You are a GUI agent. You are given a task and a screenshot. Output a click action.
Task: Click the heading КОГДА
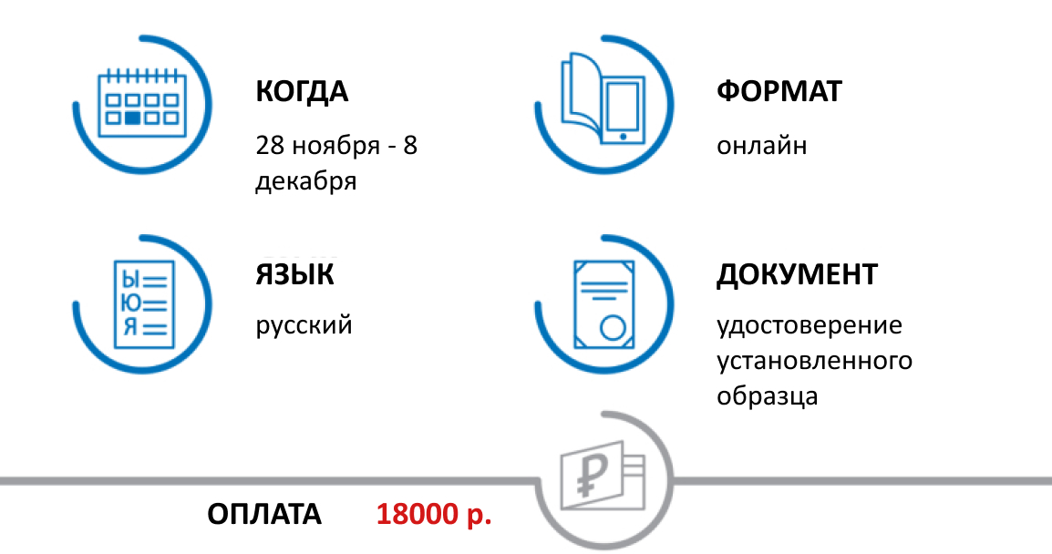tap(302, 92)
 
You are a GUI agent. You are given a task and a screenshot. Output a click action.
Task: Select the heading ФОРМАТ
tap(779, 92)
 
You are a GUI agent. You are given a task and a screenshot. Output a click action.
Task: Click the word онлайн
tap(761, 146)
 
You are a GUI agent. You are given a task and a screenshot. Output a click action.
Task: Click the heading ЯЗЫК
tap(294, 274)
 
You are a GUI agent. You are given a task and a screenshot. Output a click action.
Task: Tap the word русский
tap(304, 325)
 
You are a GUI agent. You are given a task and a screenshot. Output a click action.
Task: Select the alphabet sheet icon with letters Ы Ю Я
tap(142, 303)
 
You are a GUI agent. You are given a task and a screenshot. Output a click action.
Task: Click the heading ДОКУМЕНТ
tap(797, 274)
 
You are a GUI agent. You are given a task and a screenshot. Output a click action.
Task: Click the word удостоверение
tap(809, 325)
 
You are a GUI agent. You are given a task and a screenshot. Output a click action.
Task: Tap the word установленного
tap(814, 361)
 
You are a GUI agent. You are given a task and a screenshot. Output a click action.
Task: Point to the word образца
tap(767, 397)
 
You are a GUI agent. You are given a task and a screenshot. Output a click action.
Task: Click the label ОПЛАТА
tap(264, 515)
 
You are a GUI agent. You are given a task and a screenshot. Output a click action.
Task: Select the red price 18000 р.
tap(434, 515)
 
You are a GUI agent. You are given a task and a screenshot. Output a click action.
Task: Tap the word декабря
tap(305, 181)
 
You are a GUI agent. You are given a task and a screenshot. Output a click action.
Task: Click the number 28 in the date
tap(271, 146)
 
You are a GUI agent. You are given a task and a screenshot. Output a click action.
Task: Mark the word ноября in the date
tap(331, 146)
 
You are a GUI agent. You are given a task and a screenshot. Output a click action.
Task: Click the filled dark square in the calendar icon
tap(133, 118)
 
